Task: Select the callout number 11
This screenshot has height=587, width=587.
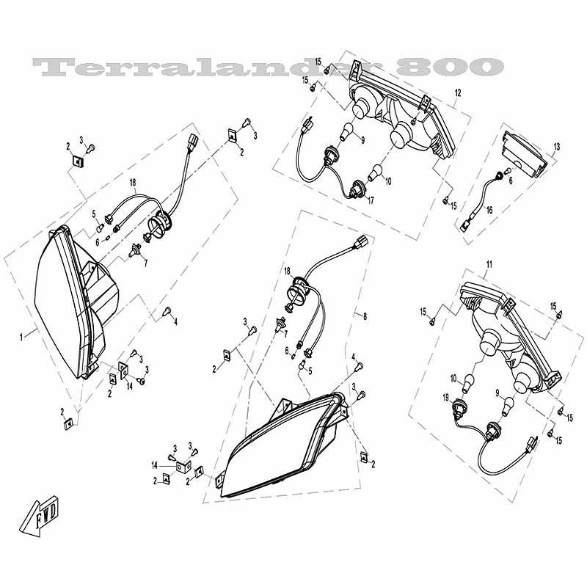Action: click(489, 263)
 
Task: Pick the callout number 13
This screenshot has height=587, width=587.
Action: click(556, 147)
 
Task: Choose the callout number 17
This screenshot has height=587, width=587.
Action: click(371, 199)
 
